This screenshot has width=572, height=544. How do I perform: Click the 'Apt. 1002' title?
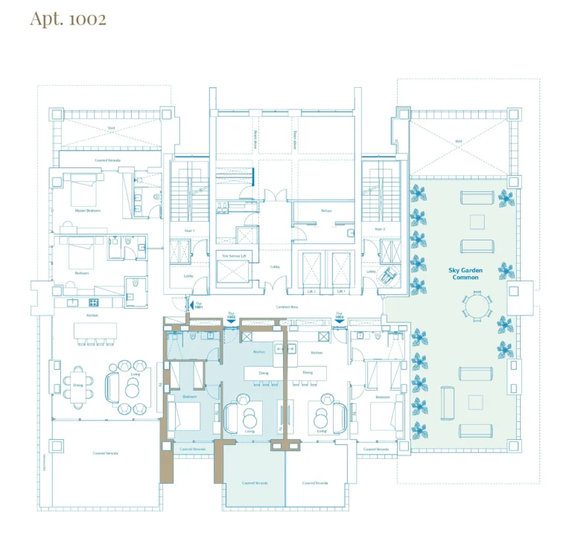point(68,19)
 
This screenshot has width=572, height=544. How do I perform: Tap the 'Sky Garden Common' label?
point(464,274)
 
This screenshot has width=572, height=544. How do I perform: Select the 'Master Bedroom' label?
point(87,211)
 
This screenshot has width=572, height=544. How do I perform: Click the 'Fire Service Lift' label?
point(233,255)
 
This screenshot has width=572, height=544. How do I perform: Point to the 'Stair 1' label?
point(190,231)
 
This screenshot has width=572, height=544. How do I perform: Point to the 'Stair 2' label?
point(378,229)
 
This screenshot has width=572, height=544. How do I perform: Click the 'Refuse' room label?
point(325,211)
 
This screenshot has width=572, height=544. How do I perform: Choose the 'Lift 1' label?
point(341,292)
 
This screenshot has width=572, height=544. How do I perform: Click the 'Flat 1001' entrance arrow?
point(189,305)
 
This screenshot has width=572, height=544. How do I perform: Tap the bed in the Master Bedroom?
point(83,191)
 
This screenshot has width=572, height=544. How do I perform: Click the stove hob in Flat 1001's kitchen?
point(94,302)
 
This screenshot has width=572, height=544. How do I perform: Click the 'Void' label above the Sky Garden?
point(459,141)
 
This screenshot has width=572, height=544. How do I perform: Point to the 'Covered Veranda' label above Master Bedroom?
point(109,159)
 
